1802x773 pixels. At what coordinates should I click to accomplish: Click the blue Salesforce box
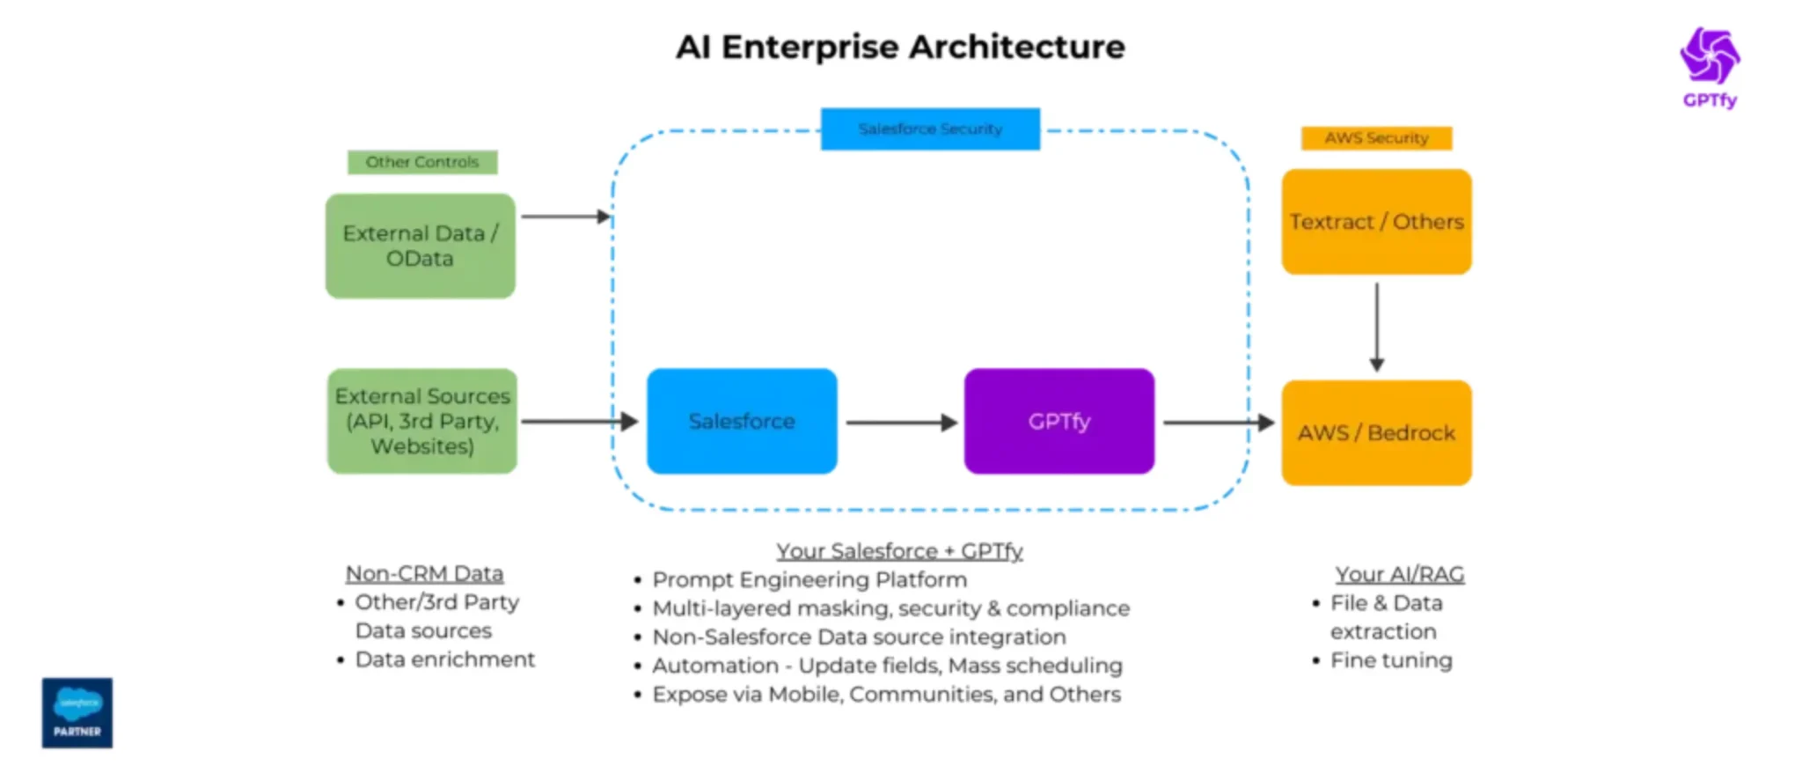(742, 422)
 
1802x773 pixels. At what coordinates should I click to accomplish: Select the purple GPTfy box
(1058, 422)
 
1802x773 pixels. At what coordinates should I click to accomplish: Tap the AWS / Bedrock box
(1376, 433)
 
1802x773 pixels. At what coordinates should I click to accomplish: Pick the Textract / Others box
(1376, 222)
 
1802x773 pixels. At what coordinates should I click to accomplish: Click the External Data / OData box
(421, 246)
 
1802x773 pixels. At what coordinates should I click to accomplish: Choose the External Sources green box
(422, 422)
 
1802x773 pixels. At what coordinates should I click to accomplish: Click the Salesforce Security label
(930, 129)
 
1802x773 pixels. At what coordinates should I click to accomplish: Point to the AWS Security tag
(1376, 138)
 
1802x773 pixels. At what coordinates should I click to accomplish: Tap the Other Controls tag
(422, 162)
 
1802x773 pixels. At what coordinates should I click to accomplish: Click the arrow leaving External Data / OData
(566, 217)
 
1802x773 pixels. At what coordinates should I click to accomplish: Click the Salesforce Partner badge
(77, 712)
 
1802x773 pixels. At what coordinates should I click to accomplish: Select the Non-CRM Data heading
(424, 574)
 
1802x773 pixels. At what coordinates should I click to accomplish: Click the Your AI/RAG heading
(1399, 575)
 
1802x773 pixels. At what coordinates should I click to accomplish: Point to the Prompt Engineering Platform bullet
(809, 580)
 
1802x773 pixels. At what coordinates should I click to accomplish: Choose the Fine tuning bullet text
(1391, 660)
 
